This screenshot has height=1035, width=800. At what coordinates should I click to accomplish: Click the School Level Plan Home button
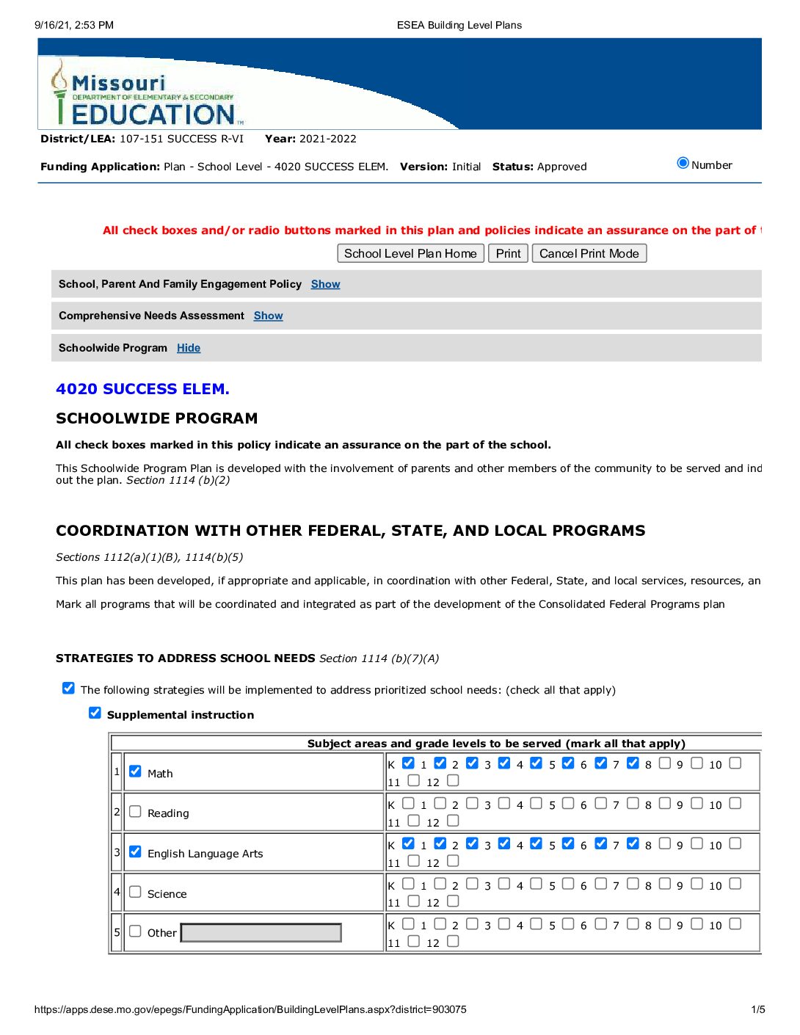(410, 253)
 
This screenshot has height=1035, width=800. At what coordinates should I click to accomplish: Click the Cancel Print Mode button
(589, 253)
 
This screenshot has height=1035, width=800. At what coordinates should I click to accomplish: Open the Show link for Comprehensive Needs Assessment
(268, 316)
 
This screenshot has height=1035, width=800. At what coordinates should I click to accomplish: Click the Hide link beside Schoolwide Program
(189, 348)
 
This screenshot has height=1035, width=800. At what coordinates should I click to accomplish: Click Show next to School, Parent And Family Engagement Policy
(325, 284)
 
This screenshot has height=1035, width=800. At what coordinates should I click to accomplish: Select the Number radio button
(683, 164)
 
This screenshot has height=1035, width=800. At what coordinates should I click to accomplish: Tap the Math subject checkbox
(135, 771)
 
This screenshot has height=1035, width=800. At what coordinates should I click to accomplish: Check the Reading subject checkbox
(135, 812)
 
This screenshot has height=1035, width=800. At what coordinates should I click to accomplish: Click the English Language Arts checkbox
(135, 852)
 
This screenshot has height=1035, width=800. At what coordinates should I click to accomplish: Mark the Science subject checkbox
(135, 892)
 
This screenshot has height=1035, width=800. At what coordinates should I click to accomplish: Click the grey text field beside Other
(261, 932)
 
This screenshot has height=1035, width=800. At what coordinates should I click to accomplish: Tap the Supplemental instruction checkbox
(95, 713)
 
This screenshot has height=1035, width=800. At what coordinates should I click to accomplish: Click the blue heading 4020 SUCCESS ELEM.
(142, 389)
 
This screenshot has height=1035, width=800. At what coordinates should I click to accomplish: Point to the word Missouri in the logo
(119, 83)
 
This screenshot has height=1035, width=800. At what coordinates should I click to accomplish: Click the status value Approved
(561, 167)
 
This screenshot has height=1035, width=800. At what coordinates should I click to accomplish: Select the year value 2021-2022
(328, 139)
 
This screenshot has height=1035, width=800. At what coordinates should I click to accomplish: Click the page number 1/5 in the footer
(758, 1009)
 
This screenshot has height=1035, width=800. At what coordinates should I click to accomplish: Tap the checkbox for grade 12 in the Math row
(453, 780)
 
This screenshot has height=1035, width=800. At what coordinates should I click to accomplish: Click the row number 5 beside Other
(117, 932)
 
